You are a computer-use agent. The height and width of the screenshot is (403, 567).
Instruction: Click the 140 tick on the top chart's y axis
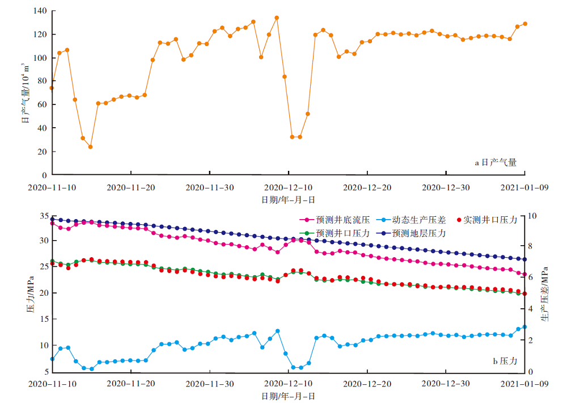[39, 11]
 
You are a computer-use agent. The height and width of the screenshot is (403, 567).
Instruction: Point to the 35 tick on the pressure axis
[43, 217]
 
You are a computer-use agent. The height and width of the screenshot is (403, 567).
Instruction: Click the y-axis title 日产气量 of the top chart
[26, 94]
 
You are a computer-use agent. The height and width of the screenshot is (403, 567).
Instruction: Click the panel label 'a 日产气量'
[495, 163]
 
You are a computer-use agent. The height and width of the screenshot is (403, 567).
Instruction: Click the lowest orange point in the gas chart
[90, 147]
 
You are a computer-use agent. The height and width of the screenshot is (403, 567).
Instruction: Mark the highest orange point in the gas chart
[277, 18]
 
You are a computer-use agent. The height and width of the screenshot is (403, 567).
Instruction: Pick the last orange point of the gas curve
[524, 24]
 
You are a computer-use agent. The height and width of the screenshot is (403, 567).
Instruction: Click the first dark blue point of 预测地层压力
[52, 219]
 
